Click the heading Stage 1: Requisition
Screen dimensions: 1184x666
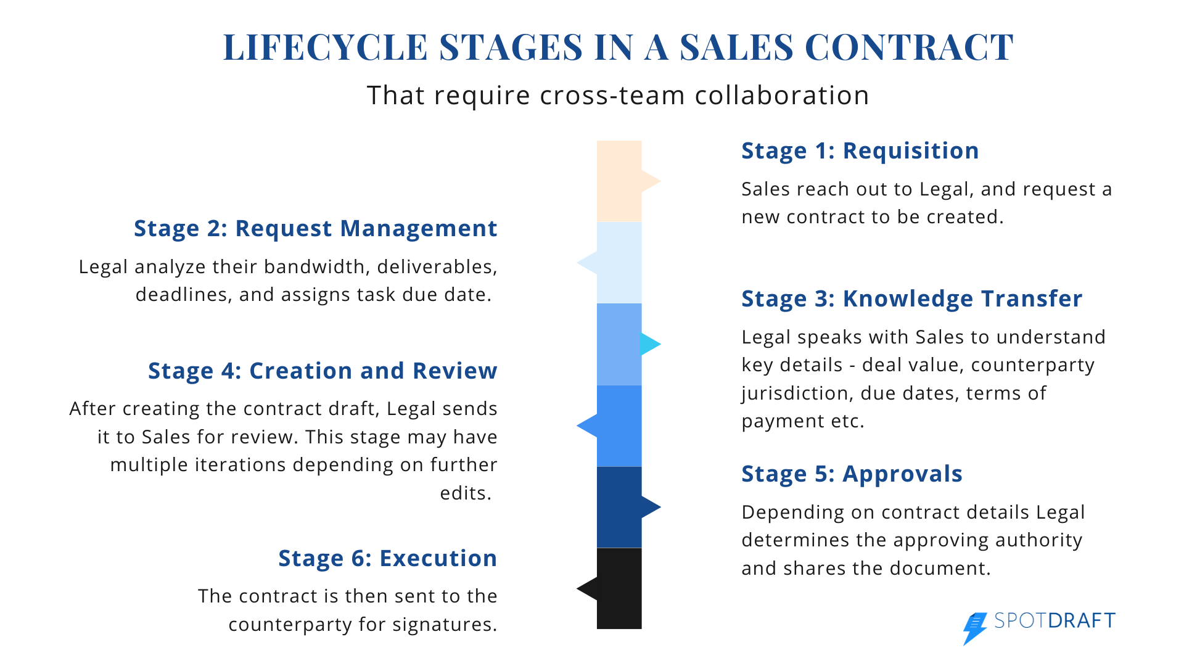[860, 151]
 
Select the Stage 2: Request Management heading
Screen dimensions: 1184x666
[316, 229]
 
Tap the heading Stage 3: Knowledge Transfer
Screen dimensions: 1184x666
[912, 299]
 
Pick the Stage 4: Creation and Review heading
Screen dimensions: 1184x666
[323, 371]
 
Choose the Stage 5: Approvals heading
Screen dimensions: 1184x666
[852, 474]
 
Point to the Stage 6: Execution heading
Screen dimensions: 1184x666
[388, 558]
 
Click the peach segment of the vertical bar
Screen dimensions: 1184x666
[619, 181]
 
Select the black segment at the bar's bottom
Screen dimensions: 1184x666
[619, 588]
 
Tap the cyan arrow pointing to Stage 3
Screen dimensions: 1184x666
[650, 344]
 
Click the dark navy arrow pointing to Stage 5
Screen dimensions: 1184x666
[651, 507]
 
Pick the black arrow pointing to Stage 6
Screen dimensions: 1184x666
[587, 588]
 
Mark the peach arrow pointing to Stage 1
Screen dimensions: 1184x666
[651, 181]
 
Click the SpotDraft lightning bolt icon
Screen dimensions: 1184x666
[975, 628]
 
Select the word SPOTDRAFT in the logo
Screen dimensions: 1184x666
[1055, 620]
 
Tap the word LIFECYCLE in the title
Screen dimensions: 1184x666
[325, 47]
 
